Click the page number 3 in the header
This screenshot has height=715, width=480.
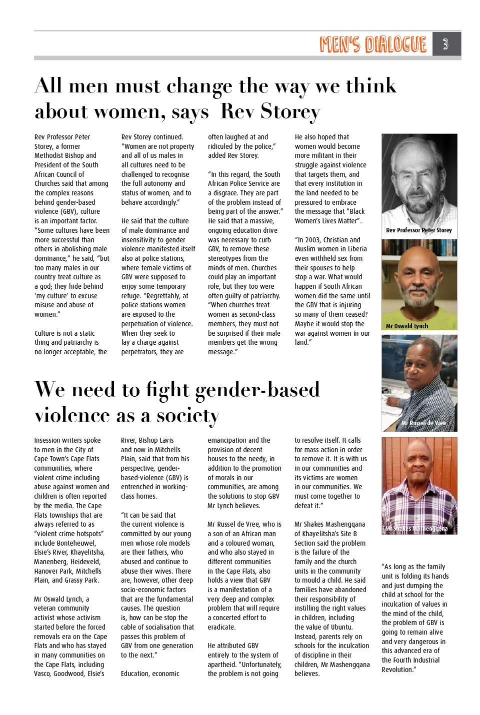(x=445, y=44)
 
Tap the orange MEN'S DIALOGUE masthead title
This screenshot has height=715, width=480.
(x=373, y=44)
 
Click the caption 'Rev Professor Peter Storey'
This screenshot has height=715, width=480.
(x=419, y=230)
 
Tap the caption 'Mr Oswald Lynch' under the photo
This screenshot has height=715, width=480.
(x=407, y=326)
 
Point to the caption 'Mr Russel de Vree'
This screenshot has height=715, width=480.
(x=423, y=423)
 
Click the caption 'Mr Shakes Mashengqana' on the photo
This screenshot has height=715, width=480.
(x=416, y=529)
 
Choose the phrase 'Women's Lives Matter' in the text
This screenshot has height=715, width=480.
(x=326, y=221)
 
